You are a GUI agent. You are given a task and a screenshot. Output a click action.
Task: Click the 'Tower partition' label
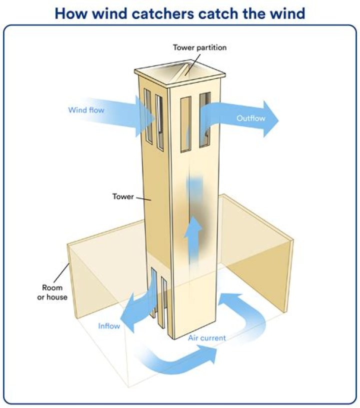coord(199,48)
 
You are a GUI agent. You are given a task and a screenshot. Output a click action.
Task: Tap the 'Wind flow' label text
coord(86,109)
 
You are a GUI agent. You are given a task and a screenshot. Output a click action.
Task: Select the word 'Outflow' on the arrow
coord(250,118)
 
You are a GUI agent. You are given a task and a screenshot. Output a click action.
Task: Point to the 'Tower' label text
coord(123,196)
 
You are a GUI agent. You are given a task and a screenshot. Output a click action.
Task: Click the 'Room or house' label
coord(52,292)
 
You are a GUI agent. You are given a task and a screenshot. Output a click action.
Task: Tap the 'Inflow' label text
coord(109,326)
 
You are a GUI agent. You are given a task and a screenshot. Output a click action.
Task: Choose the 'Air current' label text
coord(206,338)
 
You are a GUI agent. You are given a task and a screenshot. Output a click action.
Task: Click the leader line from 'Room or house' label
coord(62,272)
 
